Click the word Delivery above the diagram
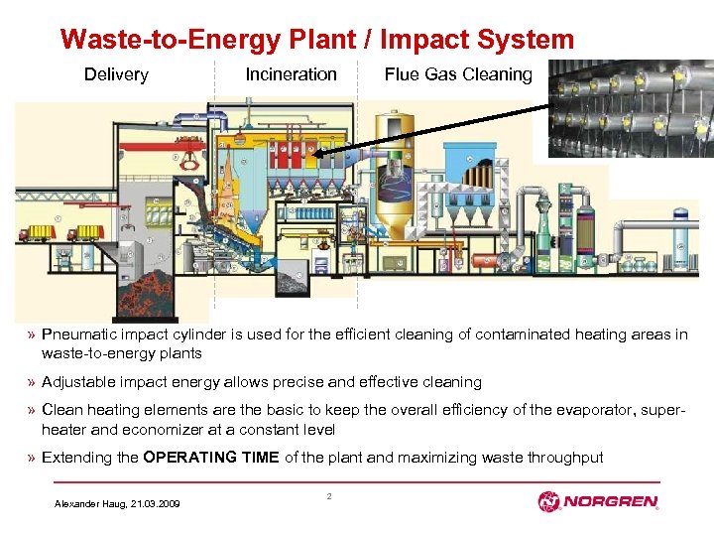point(116,74)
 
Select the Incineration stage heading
point(291,74)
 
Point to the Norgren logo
point(597,502)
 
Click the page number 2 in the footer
point(328,494)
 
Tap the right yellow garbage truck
point(86,233)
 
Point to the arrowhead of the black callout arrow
point(315,155)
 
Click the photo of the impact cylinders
point(631,109)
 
